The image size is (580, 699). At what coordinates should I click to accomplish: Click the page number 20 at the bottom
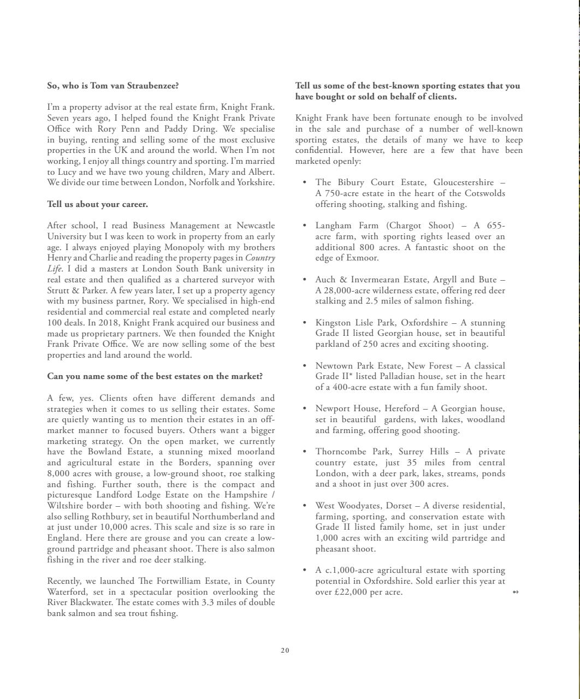click(x=285, y=650)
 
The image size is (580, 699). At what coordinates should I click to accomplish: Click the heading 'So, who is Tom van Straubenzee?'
click(x=113, y=86)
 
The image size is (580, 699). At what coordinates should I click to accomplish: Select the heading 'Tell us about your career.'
click(x=97, y=204)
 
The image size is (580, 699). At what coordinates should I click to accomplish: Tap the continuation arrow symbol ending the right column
click(x=516, y=592)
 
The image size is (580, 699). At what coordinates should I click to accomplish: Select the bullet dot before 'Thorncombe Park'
click(x=304, y=452)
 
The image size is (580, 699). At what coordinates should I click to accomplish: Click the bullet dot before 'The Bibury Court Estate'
click(x=304, y=182)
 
